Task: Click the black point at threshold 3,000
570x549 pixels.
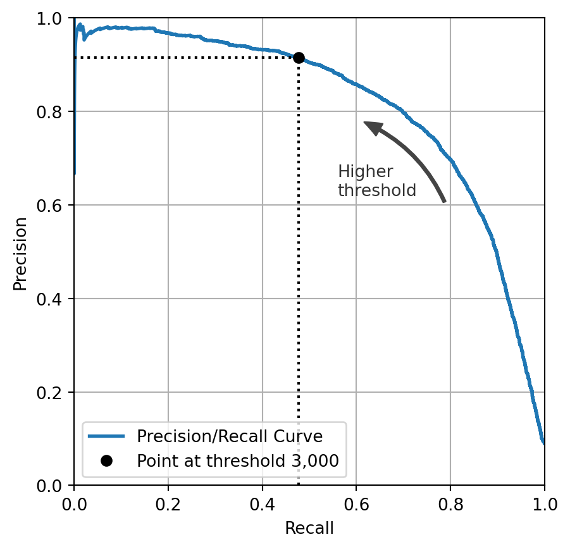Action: click(299, 58)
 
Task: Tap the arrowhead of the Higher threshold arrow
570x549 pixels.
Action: click(372, 126)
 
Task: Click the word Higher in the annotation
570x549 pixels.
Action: click(365, 172)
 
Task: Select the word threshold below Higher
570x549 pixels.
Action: click(377, 190)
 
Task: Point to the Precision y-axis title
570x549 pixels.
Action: click(20, 253)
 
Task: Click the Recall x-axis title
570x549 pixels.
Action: click(309, 528)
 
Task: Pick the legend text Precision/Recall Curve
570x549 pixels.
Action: click(230, 436)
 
